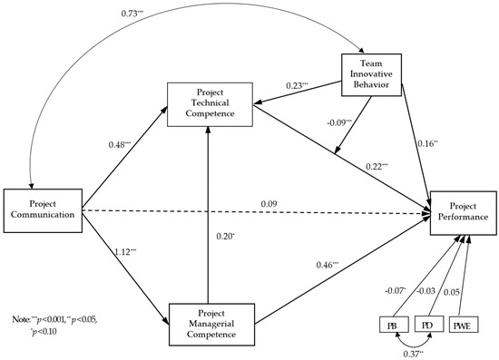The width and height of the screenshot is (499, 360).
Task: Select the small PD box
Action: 426,324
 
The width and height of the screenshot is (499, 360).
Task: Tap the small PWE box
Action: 464,324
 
